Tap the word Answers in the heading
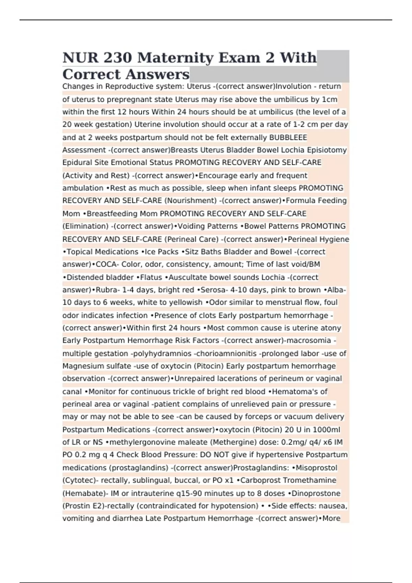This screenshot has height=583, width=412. coord(158,74)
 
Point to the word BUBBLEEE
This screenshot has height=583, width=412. coord(288,138)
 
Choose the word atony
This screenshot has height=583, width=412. coord(331,328)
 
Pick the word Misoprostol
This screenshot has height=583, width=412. coord(316,468)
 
